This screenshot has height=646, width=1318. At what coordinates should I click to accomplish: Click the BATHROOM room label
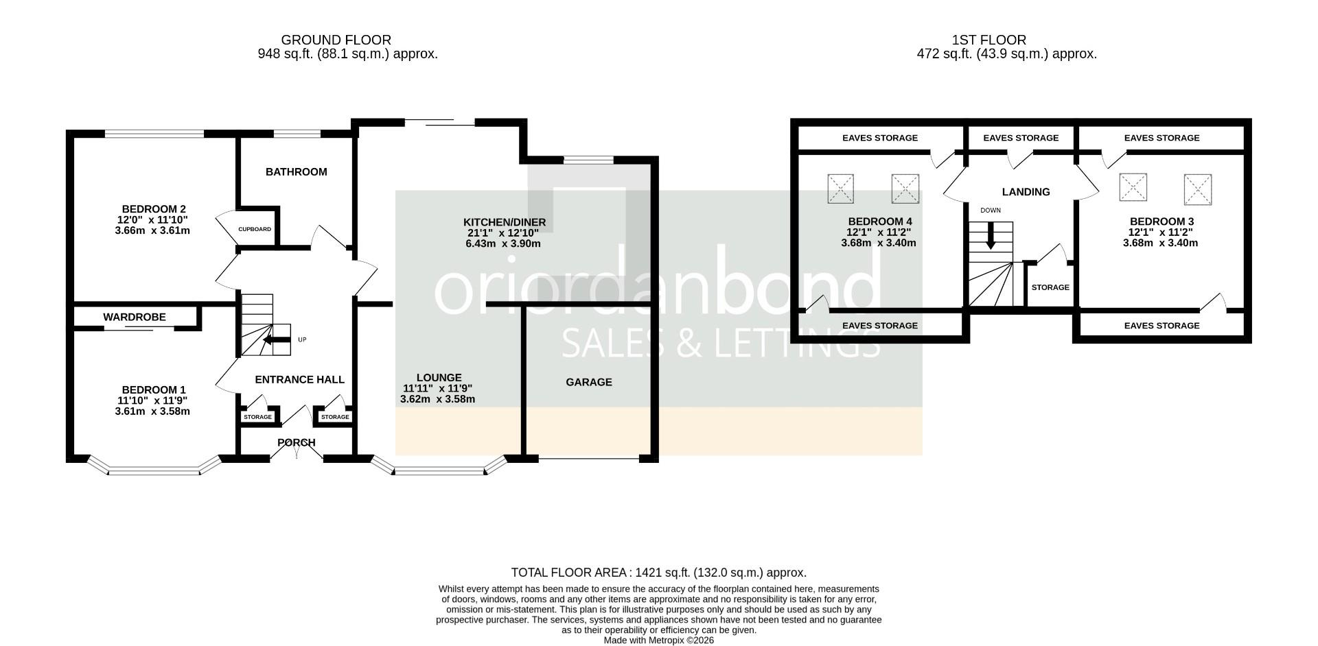(297, 172)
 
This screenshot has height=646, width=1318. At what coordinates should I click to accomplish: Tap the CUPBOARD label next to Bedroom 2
(255, 229)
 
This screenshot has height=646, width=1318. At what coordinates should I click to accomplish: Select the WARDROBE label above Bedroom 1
(135, 318)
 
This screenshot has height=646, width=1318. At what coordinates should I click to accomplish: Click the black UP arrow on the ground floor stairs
(277, 339)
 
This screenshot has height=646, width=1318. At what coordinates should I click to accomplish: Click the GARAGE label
(589, 383)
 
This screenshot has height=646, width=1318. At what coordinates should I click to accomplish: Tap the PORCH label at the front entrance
(297, 443)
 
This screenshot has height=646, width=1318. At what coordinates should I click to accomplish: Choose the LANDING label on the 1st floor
(1026, 192)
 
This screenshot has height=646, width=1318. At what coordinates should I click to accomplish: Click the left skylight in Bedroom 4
(841, 189)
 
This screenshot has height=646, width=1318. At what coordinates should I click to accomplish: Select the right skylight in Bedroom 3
(1198, 189)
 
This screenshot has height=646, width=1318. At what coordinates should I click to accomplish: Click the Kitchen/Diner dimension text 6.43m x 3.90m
(503, 243)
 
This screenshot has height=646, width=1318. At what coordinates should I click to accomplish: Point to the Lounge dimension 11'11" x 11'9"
(438, 388)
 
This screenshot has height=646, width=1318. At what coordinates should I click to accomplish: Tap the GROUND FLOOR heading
(336, 40)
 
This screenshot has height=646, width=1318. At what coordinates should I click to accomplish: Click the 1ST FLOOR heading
(989, 40)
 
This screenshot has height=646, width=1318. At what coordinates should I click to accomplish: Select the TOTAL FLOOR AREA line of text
(659, 573)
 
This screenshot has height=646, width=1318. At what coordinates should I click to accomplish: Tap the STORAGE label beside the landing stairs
(1050, 287)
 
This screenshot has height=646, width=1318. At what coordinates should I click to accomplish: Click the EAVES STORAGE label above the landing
(1021, 138)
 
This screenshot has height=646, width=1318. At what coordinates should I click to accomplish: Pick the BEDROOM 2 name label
(154, 209)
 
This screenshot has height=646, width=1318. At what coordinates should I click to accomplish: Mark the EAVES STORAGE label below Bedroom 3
(1162, 326)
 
